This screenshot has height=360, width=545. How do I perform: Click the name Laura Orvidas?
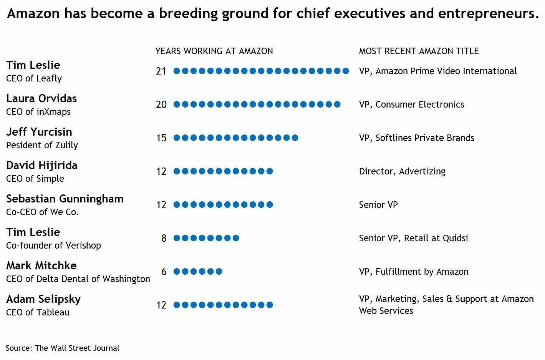[41, 99]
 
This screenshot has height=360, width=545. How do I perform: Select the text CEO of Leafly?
[34, 78]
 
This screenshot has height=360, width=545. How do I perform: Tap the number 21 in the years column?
[161, 71]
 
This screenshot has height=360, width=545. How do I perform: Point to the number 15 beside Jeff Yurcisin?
[161, 138]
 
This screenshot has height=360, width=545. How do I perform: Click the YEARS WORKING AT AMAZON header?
[214, 51]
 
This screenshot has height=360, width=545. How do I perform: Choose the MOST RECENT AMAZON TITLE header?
[419, 51]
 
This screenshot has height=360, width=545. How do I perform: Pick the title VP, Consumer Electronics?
[411, 105]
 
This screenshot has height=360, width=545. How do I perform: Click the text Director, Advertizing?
[402, 171]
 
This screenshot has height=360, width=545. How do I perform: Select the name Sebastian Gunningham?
[65, 199]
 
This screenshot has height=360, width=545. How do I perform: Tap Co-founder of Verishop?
[53, 246]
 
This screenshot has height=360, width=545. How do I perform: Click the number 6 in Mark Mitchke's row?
[164, 272]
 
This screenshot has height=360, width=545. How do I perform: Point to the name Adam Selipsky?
[43, 299]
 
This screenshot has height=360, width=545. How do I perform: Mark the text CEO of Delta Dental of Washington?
[78, 279]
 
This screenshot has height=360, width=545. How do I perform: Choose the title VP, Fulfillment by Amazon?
[414, 272]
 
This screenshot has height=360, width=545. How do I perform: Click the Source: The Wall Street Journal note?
[63, 348]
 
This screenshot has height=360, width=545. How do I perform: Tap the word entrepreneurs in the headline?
[488, 13]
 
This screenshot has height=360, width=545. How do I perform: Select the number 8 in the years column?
[164, 238]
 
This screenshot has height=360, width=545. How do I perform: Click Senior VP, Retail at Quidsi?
[413, 238]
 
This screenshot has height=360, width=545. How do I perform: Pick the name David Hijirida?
[42, 166]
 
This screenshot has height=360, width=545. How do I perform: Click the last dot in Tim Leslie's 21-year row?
[346, 71]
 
